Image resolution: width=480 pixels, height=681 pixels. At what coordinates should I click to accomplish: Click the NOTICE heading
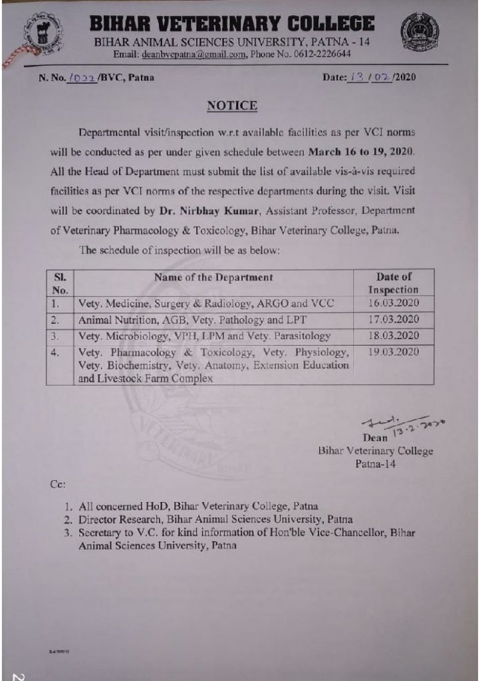coord(232,106)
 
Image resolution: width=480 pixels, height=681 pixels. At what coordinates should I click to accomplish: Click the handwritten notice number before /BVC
coord(82,78)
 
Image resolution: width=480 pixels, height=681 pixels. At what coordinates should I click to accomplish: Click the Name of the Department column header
coord(213,277)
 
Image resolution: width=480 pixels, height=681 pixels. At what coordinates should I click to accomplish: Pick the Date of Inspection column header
coord(393,283)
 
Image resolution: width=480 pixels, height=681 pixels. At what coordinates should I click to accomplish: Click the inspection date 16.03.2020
coord(393,303)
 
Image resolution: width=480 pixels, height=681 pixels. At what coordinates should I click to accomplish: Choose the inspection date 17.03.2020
coord(393,319)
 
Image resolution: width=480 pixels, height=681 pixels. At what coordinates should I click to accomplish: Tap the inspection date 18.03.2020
coord(393,335)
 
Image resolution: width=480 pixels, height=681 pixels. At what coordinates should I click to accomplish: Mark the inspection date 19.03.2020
coord(393,352)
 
